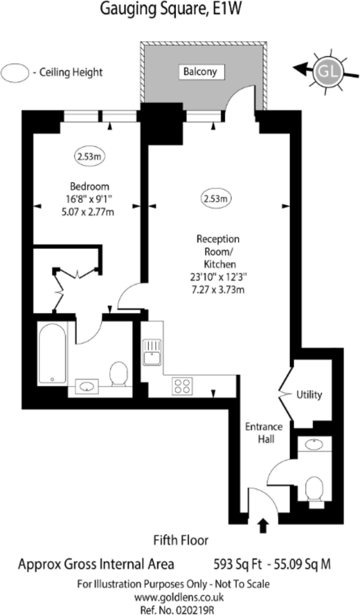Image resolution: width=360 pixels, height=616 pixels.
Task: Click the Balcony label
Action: tap(200, 72)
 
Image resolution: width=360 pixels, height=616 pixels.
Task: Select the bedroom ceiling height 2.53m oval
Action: tap(89, 156)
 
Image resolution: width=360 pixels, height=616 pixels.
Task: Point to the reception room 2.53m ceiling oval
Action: tap(216, 198)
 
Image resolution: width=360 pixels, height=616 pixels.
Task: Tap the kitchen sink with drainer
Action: tap(152, 352)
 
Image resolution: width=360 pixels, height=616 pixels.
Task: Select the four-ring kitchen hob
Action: tap(182, 386)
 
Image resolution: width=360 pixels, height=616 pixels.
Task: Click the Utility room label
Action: tap(309, 395)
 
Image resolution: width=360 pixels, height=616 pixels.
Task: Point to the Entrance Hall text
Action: tap(264, 433)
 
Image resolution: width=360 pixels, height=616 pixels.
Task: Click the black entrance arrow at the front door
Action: tap(263, 526)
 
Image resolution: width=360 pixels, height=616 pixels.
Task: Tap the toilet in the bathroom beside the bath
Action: tap(118, 374)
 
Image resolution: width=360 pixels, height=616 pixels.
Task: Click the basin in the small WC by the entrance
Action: tap(314, 445)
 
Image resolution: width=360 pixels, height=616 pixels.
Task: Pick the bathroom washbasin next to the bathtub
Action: tap(87, 386)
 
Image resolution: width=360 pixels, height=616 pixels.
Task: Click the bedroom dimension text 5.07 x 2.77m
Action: tap(88, 212)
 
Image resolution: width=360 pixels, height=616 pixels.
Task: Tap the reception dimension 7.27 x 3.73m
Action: tap(218, 289)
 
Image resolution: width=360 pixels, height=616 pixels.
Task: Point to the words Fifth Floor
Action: tap(181, 541)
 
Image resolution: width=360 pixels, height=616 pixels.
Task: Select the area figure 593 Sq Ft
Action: tap(237, 564)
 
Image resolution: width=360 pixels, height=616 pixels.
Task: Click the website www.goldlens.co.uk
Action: tap(179, 597)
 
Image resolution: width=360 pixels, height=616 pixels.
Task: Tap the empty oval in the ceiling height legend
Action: tap(15, 73)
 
